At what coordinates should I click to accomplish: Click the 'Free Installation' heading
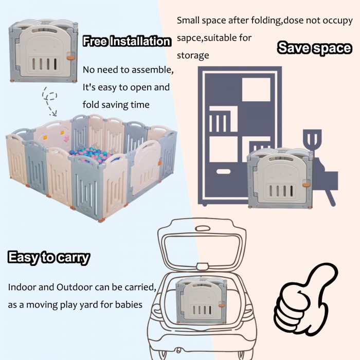point(127,41)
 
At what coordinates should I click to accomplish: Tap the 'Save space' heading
point(315,48)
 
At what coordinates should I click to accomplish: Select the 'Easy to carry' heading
point(49,258)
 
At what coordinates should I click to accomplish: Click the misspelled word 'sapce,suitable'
point(214,38)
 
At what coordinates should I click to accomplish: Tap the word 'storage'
point(193,56)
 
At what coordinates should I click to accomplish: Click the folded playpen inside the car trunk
point(200,300)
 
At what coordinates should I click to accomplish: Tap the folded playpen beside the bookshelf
point(280,178)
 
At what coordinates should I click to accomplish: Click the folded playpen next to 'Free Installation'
point(43,51)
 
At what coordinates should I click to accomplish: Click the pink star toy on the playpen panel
point(66,138)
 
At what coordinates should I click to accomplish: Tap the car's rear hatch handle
point(202,229)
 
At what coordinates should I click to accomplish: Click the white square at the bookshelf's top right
point(256,89)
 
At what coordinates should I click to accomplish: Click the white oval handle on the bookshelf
point(223,171)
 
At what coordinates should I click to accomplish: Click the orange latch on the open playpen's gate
point(159,163)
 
